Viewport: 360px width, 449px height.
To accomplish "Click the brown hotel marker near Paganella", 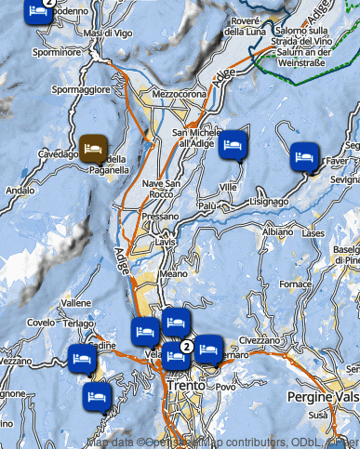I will pyautogui.click(x=93, y=147).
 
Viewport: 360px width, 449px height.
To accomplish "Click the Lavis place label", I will pyautogui.click(x=166, y=241).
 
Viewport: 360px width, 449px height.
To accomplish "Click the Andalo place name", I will pyautogui.click(x=20, y=191).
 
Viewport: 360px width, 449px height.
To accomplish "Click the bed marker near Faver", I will pyautogui.click(x=303, y=155).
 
